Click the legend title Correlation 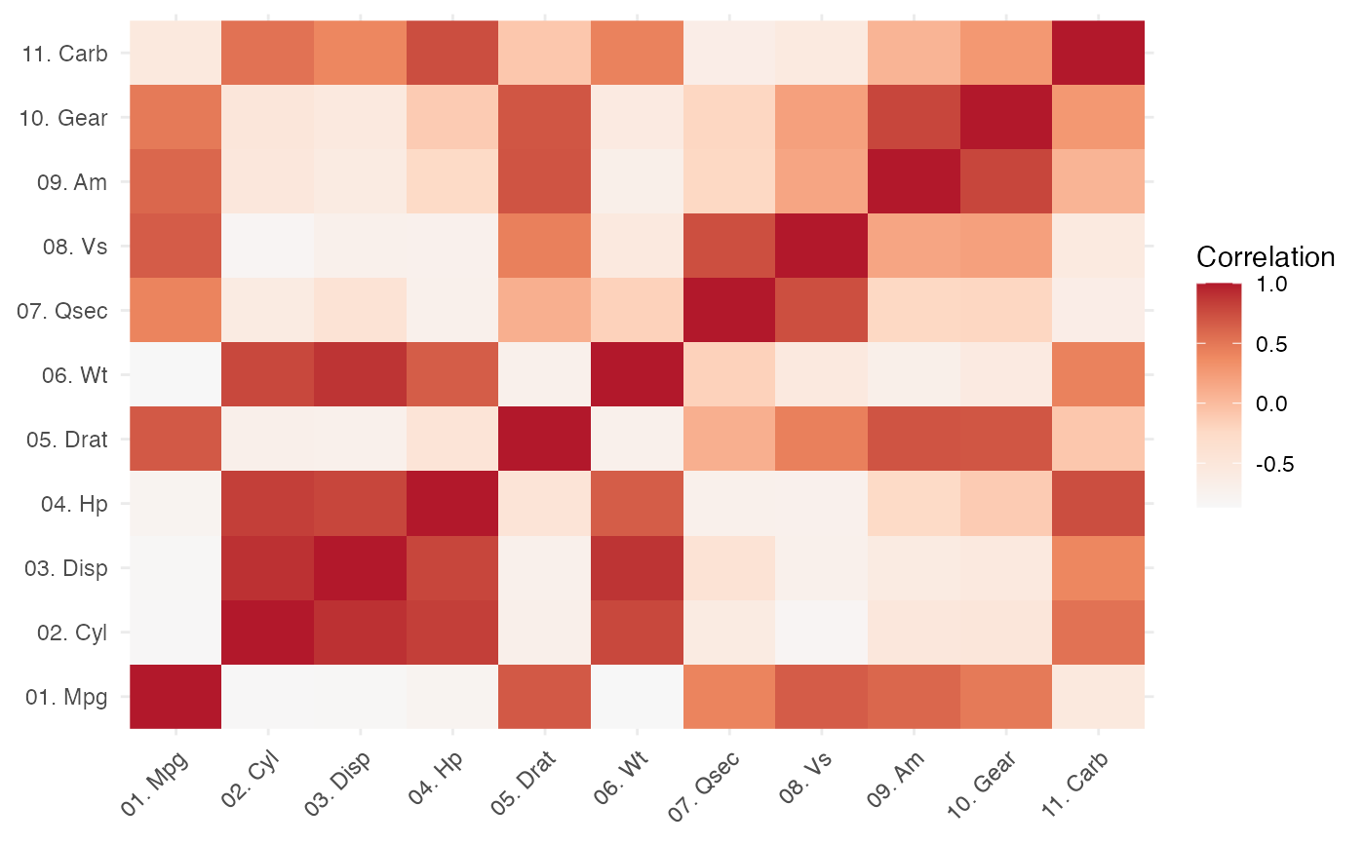(1265, 257)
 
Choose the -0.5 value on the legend (1270, 464)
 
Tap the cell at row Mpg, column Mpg (175, 696)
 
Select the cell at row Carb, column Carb (1098, 53)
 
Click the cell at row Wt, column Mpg (175, 374)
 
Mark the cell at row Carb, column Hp (452, 53)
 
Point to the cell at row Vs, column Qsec (729, 246)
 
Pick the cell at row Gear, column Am (914, 117)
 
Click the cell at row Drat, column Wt (637, 439)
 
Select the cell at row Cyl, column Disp (360, 632)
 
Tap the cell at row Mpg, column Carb (1098, 696)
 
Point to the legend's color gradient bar (1219, 395)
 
